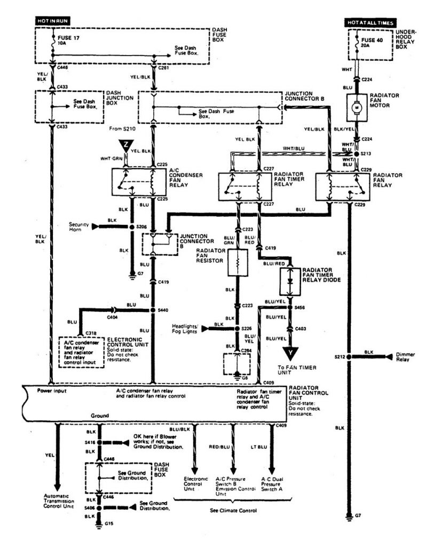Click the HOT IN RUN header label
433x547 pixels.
(x=53, y=20)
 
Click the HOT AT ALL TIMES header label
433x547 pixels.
(x=370, y=24)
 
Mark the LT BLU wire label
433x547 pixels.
(x=257, y=446)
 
